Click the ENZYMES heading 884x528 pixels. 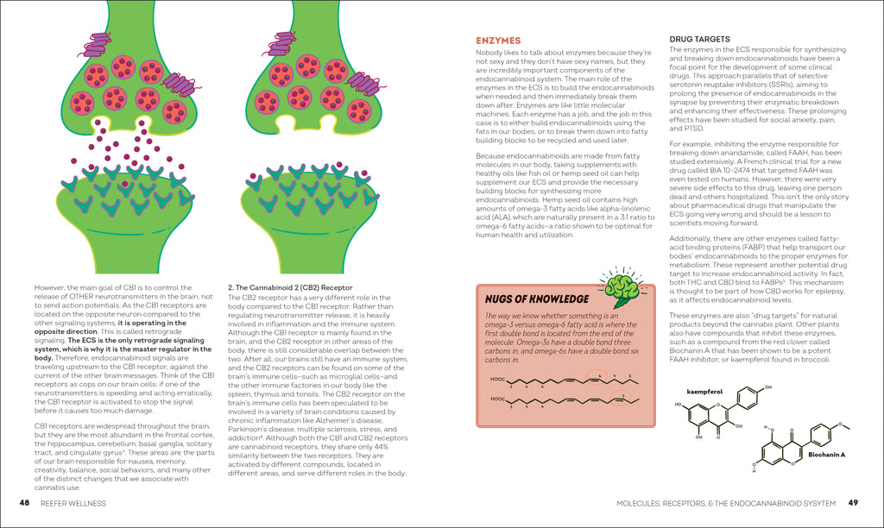[498, 41]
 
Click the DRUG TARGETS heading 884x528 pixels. [700, 39]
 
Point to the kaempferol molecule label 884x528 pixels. [704, 391]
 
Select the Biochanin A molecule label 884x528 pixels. [827, 454]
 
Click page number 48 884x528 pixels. [25, 503]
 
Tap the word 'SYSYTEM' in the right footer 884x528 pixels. [818, 503]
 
